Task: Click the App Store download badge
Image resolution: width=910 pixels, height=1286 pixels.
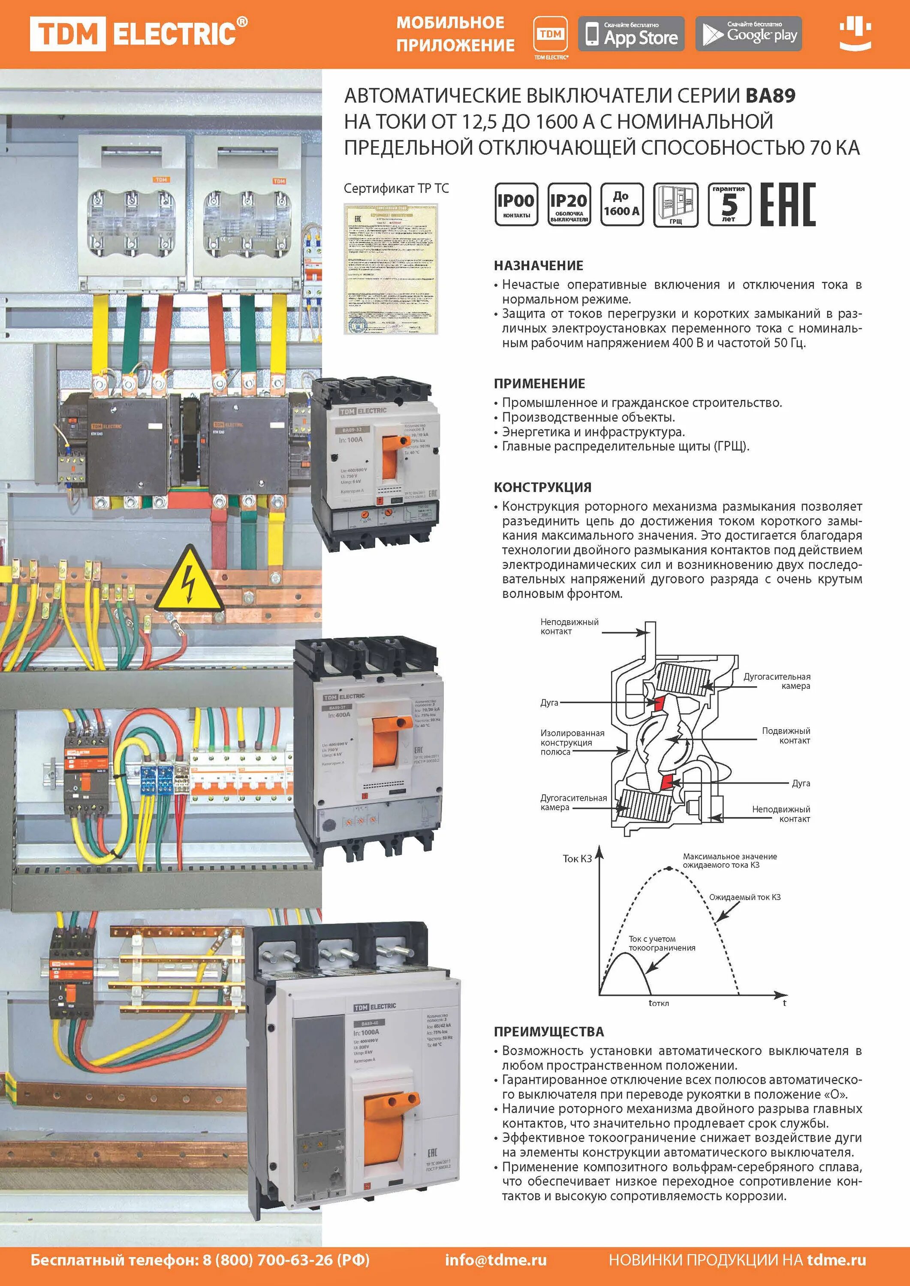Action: coord(631,33)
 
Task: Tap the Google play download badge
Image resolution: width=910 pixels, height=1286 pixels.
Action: coord(749,33)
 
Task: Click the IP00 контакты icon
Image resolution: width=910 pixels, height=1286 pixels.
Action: coord(516,204)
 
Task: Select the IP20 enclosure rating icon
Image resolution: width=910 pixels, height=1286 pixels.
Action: coord(568,204)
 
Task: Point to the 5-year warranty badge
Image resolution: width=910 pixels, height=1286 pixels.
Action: coord(729,204)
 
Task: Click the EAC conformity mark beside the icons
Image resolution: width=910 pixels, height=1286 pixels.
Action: coord(787,204)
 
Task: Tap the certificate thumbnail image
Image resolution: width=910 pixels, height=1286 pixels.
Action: coord(391,269)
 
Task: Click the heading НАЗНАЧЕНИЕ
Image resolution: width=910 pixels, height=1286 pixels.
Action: coord(539,265)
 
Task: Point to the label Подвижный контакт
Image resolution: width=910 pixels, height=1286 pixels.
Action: coord(786,736)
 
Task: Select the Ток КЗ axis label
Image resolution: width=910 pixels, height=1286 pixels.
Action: coord(577,859)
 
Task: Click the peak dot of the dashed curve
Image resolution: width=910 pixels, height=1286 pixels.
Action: coord(669,869)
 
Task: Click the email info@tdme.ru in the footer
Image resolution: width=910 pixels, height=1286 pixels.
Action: coord(496,1260)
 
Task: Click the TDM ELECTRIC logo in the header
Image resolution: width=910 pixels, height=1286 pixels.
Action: coord(139,33)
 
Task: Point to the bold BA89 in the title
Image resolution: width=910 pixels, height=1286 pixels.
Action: coord(770,96)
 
